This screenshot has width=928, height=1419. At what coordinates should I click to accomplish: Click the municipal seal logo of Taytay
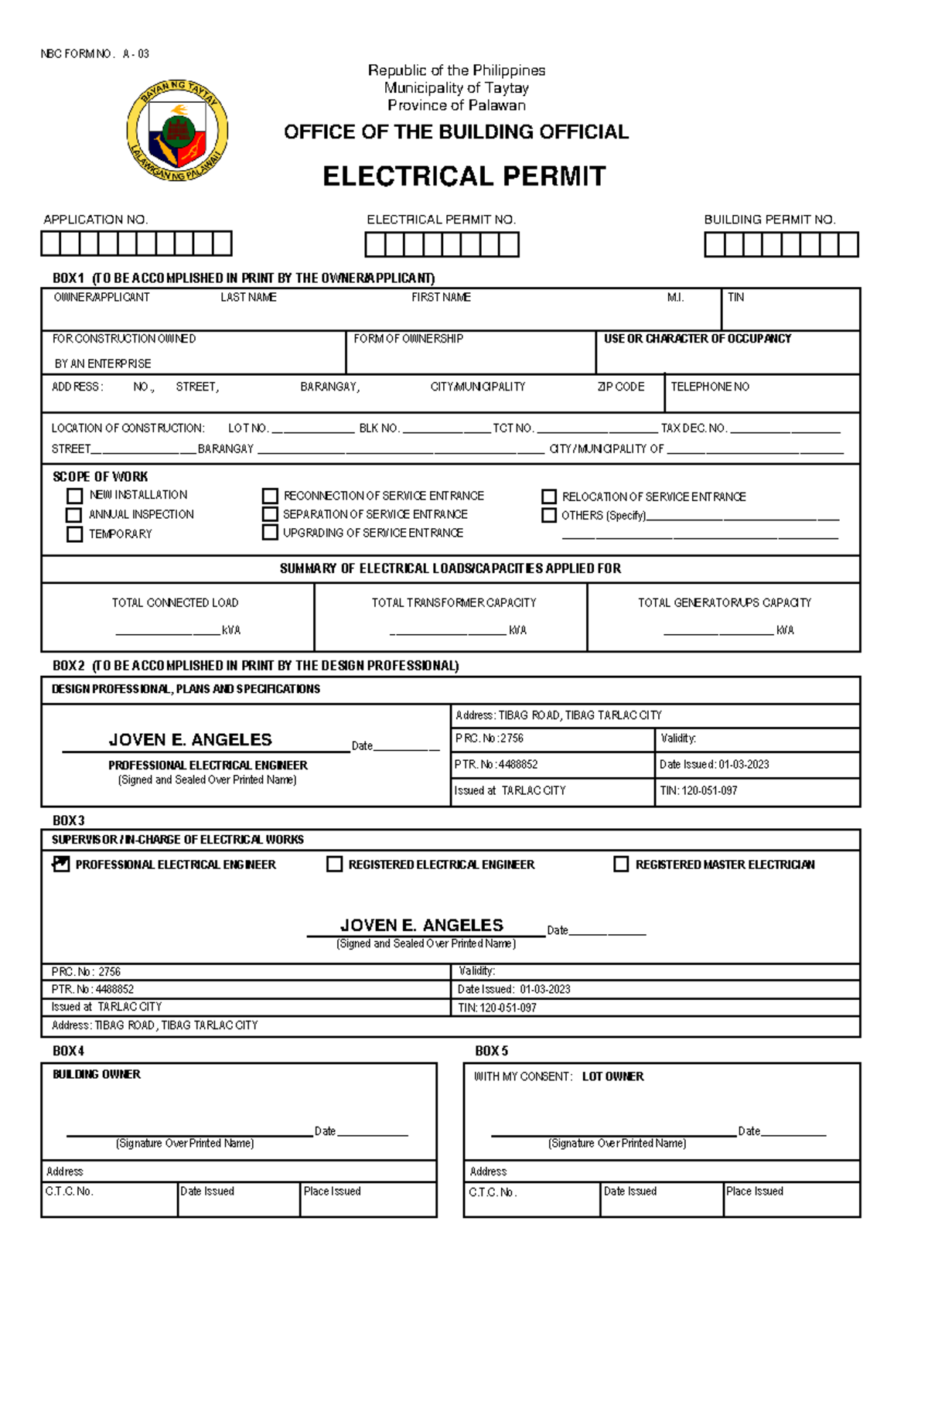[x=177, y=131]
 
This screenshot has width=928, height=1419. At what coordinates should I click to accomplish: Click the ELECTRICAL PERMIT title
[x=464, y=176]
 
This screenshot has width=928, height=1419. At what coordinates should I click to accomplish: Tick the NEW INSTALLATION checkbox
[x=75, y=496]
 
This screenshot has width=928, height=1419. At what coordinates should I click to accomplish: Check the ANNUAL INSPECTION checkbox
[x=74, y=515]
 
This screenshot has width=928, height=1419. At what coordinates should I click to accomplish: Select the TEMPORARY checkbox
[x=75, y=534]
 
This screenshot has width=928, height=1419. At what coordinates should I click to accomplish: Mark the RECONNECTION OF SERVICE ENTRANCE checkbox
[x=270, y=496]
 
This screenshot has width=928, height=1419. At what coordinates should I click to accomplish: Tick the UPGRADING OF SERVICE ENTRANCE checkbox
[x=270, y=533]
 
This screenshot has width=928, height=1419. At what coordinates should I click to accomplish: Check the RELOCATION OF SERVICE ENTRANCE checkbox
[x=549, y=496]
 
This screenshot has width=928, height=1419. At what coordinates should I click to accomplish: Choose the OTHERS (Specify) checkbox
[x=549, y=515]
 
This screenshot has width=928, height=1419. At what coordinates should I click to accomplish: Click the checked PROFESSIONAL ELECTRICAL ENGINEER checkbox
[x=61, y=864]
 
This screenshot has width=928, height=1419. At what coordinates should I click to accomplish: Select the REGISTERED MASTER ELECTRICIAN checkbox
[x=621, y=864]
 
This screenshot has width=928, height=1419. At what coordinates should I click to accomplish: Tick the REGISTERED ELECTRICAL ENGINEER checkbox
[x=335, y=864]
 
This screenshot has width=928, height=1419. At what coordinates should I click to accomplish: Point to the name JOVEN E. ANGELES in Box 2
[x=190, y=740]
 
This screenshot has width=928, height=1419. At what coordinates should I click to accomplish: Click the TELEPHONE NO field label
[x=710, y=387]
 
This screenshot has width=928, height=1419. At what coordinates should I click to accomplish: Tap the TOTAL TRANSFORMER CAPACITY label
[x=454, y=602]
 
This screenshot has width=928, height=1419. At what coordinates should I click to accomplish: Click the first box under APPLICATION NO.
[x=51, y=244]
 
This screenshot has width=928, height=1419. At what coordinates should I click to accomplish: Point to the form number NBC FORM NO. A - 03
[x=94, y=53]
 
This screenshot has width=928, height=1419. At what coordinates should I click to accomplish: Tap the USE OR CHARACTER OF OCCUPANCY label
[x=698, y=339]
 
